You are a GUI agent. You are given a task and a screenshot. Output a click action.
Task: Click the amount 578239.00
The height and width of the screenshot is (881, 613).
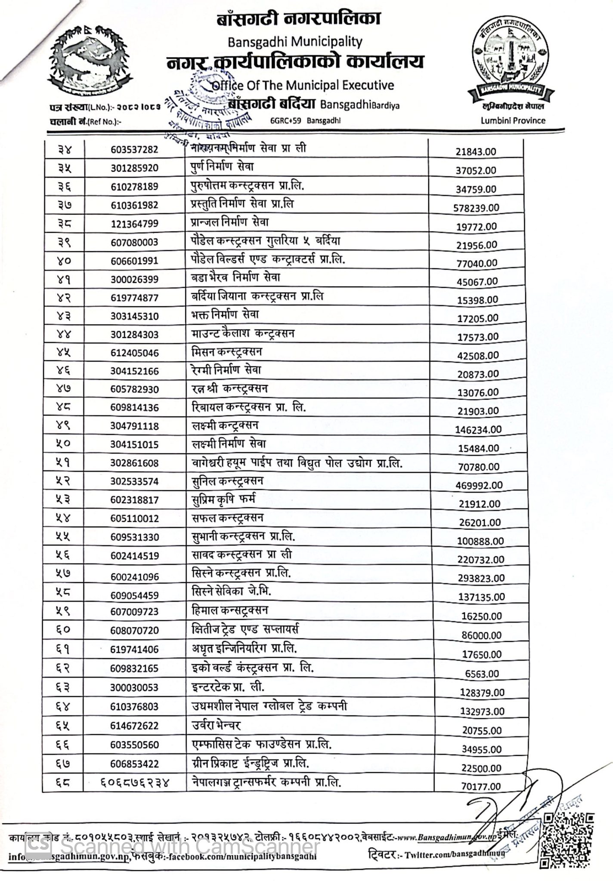tap(476, 208)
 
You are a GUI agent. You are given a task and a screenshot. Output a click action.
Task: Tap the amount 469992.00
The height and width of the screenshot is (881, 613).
tap(479, 485)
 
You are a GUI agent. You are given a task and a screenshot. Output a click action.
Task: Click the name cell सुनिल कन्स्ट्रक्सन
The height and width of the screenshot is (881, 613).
tap(228, 481)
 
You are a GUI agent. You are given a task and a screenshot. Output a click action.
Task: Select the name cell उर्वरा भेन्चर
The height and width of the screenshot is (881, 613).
tap(217, 725)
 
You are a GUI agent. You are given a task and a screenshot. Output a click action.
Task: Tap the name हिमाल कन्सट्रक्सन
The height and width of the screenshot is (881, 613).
tap(230, 610)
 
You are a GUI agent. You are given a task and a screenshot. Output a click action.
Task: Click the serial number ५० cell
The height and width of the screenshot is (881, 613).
tap(63, 444)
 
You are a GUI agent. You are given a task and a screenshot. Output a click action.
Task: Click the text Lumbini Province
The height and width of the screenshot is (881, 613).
tap(513, 121)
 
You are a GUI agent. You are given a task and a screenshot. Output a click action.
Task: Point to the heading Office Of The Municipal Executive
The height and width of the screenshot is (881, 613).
tap(303, 85)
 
